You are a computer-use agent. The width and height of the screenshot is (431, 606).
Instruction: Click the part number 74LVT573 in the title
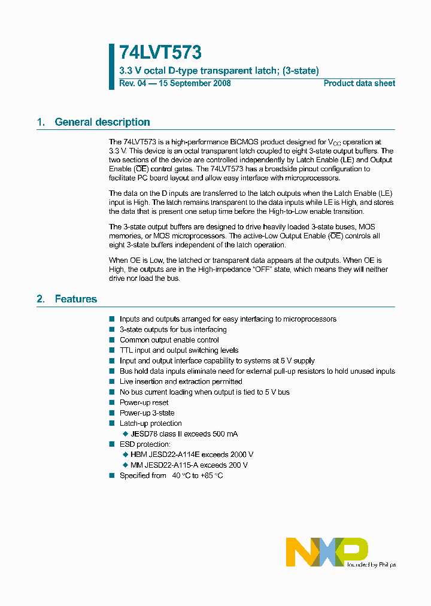pos(160,53)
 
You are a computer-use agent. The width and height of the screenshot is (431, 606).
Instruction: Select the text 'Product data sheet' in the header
pos(359,83)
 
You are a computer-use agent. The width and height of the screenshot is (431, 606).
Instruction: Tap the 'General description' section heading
pos(102,122)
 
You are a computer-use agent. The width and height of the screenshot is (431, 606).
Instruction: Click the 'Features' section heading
pos(75,299)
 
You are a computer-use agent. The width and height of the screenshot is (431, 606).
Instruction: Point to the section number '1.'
pos(41,122)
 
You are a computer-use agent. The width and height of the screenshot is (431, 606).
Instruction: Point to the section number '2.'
pos(41,299)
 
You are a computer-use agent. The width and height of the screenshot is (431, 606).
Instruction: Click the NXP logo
pos(327,552)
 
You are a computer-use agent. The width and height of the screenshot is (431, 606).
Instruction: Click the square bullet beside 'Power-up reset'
pos(111,402)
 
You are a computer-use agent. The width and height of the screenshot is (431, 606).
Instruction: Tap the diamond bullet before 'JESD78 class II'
pos(125,434)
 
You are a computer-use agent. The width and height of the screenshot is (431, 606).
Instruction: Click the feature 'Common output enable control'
pos(169,340)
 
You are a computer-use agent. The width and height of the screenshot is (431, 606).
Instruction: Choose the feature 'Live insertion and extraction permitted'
pos(181,381)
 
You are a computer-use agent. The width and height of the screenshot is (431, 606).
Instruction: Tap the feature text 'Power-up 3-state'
pos(147,413)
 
